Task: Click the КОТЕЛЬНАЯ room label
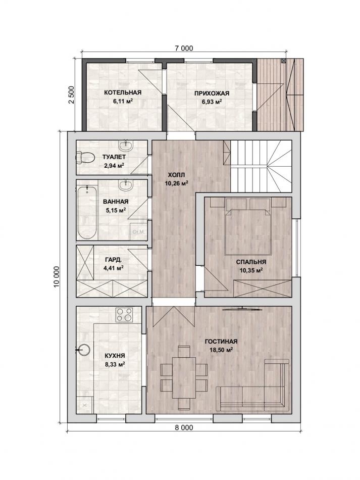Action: click(122, 92)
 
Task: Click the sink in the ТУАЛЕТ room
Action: click(126, 146)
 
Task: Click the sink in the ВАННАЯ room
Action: click(126, 185)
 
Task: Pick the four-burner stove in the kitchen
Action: click(124, 315)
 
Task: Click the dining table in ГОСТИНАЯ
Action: click(183, 377)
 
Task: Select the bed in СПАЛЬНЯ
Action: click(248, 226)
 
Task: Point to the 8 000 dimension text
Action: click(184, 427)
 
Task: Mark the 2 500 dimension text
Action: click(72, 95)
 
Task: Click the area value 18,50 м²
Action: click(221, 350)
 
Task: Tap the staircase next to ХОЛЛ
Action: click(261, 166)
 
